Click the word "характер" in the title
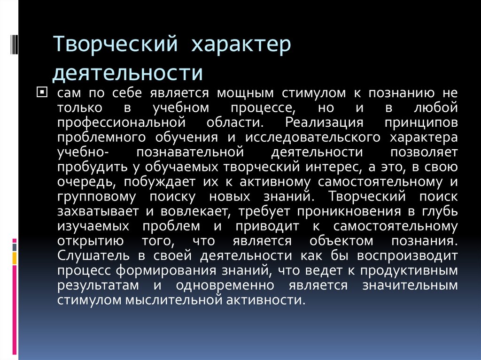(x=240, y=46)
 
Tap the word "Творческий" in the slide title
(x=114, y=46)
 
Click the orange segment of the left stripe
(x=15, y=258)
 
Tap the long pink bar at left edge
(x=15, y=310)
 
